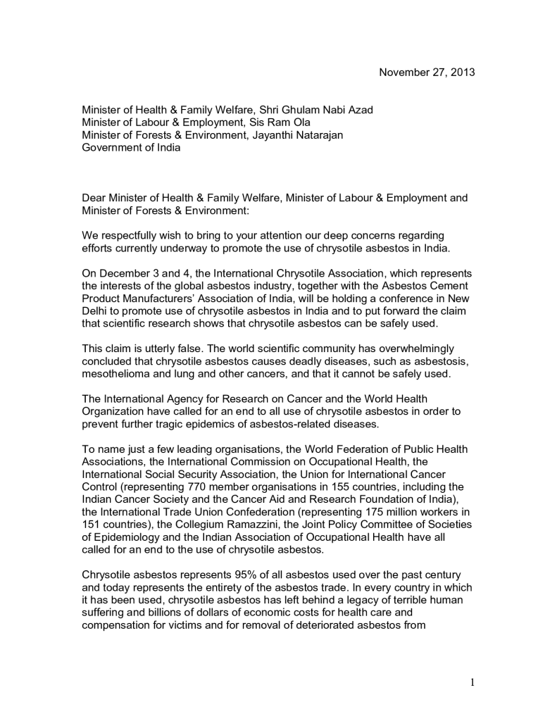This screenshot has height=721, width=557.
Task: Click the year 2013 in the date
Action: tap(462, 73)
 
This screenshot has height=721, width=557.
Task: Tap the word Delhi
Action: tap(96, 311)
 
